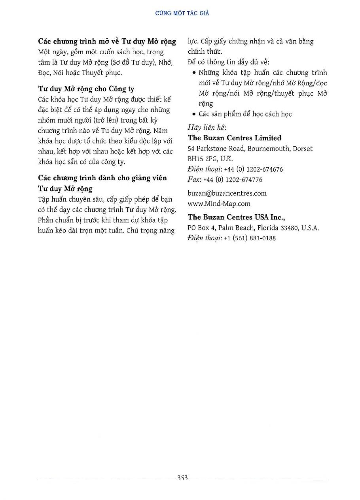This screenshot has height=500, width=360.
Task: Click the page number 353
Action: coord(182,477)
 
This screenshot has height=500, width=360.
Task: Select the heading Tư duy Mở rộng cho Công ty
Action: coord(86,89)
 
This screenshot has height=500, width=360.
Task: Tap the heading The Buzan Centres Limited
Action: coord(235,138)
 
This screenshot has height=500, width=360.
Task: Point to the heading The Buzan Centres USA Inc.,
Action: coord(237,217)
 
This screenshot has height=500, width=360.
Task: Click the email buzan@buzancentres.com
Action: coord(227,193)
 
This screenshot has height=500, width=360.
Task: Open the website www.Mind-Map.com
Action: coord(219,204)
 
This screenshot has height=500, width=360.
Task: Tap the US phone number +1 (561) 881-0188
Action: coord(250,238)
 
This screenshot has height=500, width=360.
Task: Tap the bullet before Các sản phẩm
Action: coord(194,114)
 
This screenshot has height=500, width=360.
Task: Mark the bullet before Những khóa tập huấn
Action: coord(194,73)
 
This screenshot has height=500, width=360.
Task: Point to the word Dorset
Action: coord(303,149)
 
